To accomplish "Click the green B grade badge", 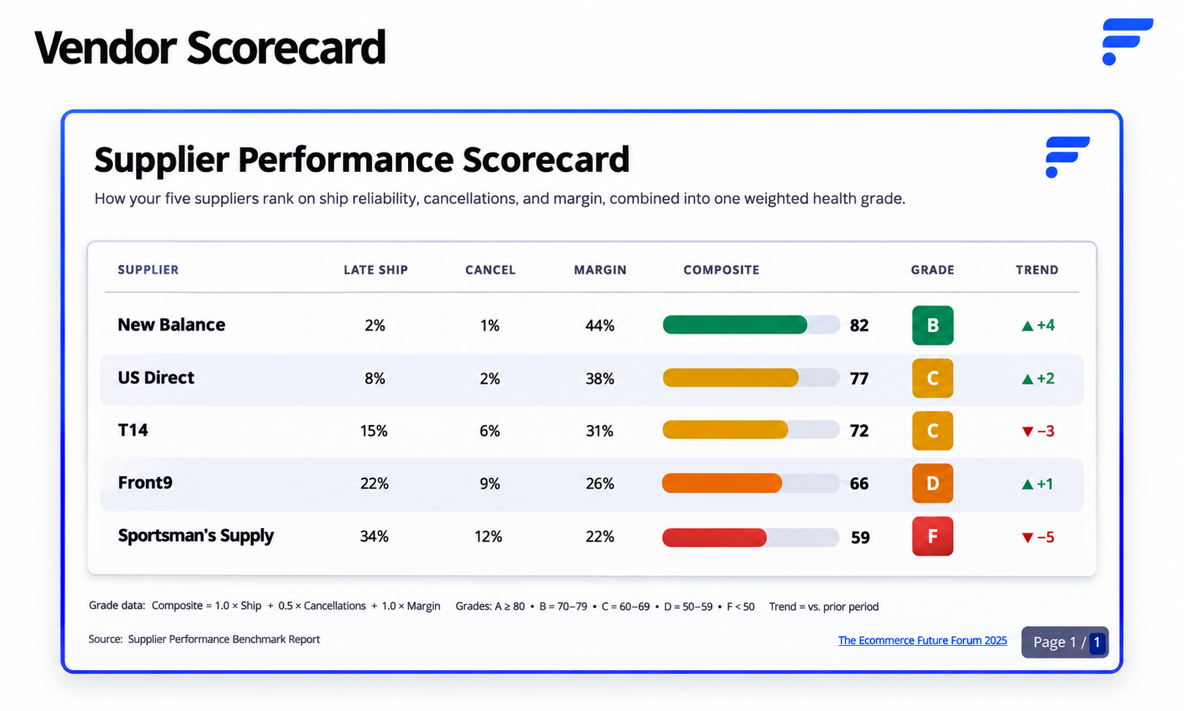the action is point(932,325).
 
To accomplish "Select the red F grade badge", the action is point(932,536).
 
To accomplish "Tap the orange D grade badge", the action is point(932,484).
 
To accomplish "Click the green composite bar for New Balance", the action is point(735,325).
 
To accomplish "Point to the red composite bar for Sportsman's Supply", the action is point(714,538).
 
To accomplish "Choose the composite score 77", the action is point(859,378).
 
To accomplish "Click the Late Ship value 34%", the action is point(374,537).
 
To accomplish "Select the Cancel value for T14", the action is point(489,431).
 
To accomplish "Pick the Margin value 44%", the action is point(600,325).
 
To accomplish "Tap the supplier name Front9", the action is point(145,483).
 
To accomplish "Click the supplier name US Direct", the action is point(156,377).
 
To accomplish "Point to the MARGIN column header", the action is point(600,270).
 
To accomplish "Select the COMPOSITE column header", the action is point(721,270).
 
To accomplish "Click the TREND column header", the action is point(1037,270).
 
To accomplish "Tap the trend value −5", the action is point(1038,538).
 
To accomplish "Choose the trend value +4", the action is point(1038,325).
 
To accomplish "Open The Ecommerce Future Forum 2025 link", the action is point(922,641).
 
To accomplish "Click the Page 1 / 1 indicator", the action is point(1065,642).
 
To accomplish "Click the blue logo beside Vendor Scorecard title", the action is point(1128,42).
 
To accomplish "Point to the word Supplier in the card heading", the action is point(162,160).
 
